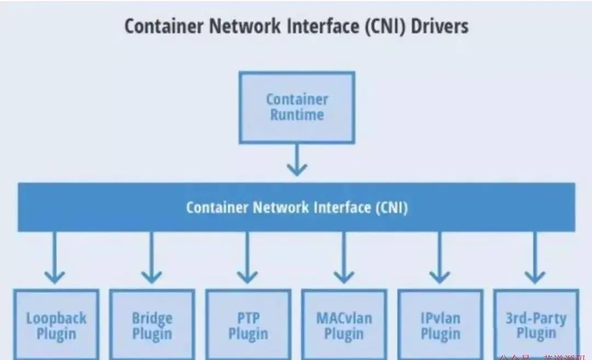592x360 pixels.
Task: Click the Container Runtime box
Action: [297, 107]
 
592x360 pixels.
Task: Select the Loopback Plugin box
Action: [56, 325]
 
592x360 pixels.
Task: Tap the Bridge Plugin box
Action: [152, 325]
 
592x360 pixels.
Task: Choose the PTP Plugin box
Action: [248, 325]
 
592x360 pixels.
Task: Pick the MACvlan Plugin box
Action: [344, 325]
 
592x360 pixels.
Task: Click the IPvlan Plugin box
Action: [440, 325]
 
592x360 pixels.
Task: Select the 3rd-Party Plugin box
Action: [536, 325]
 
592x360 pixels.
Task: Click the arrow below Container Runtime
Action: [297, 160]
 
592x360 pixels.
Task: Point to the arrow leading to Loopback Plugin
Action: [54, 258]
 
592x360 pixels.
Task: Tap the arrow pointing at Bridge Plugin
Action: [151, 258]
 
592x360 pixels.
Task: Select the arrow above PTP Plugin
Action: [247, 258]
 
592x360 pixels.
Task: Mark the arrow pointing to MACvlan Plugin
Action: [344, 258]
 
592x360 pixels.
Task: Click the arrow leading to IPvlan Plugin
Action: [440, 258]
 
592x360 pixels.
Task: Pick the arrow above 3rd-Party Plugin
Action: [534, 258]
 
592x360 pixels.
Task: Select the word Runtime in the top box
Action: [297, 115]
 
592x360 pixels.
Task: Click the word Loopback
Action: [56, 318]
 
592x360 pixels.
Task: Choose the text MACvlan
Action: [344, 318]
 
